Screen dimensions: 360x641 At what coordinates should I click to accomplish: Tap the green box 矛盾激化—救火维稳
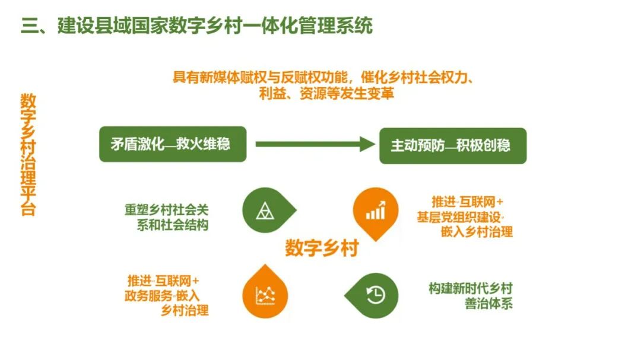(x=172, y=145)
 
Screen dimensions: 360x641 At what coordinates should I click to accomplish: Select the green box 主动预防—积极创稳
(x=453, y=146)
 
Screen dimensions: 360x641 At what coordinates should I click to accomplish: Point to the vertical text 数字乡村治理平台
(x=28, y=154)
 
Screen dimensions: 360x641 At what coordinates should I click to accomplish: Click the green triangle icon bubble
(x=265, y=210)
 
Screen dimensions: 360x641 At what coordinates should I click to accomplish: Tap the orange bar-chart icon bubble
(x=375, y=211)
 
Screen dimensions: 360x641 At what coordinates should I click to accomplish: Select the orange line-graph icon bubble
(x=265, y=294)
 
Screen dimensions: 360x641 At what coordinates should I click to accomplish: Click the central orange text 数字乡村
(x=322, y=248)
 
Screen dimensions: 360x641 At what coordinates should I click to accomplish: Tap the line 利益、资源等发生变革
(x=326, y=94)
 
